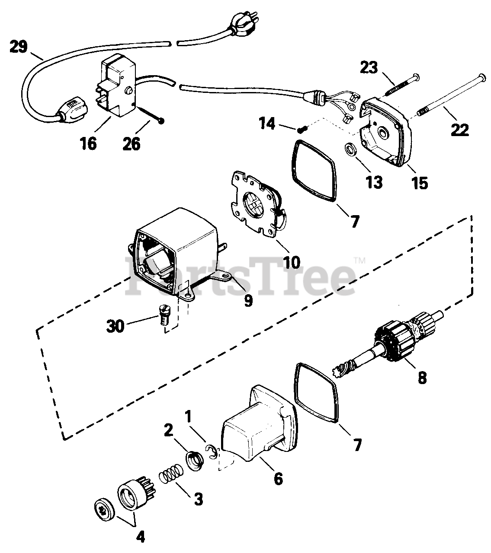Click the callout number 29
coord(18,47)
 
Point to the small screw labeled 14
coord(302,128)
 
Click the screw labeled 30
coord(163,320)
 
